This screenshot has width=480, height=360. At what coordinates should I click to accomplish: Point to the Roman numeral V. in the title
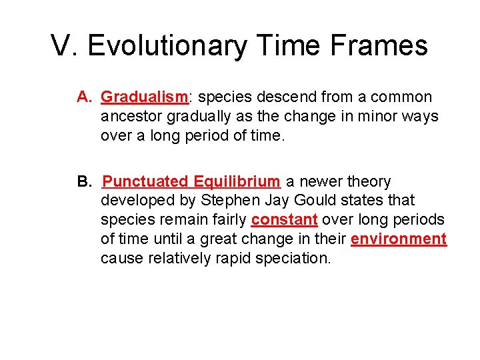65,46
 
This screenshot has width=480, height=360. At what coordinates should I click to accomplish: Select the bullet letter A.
84,97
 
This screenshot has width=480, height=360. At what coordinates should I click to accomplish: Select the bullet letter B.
84,181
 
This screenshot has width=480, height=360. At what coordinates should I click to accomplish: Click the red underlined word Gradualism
144,97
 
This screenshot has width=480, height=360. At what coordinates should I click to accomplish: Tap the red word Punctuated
145,181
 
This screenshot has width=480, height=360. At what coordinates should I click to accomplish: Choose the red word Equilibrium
237,181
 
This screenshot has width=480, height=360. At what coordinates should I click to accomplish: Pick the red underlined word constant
284,220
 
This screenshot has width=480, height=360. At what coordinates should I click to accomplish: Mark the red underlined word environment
399,239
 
